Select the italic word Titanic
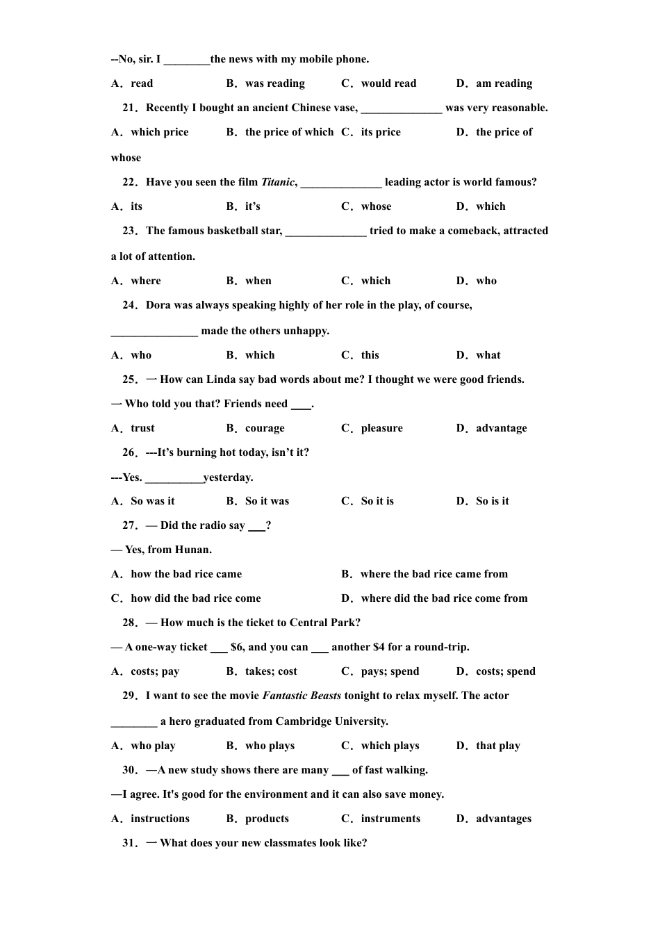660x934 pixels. click(278, 182)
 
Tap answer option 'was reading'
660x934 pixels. click(274, 83)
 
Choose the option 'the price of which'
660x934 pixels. click(289, 132)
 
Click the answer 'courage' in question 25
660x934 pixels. click(265, 428)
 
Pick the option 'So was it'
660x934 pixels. click(152, 501)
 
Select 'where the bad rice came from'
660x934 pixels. click(434, 574)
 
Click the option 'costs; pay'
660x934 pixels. click(154, 671)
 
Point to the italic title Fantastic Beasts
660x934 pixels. click(302, 696)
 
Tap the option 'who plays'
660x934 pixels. click(270, 746)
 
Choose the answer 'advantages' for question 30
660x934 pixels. click(503, 819)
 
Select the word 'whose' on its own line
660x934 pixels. click(126, 158)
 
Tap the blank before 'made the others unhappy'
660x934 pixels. click(154, 331)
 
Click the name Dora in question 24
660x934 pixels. click(158, 305)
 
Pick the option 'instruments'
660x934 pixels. click(390, 819)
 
